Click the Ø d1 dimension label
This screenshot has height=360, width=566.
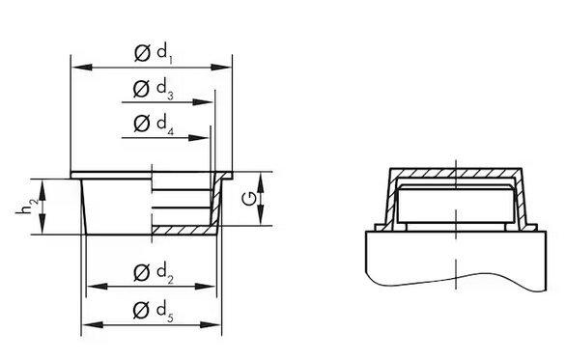[x=153, y=54]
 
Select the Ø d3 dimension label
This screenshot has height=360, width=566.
[x=153, y=89]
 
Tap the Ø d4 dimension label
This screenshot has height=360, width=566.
[x=153, y=124]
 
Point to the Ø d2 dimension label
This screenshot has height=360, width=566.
[x=153, y=273]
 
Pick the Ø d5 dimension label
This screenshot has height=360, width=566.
[x=153, y=311]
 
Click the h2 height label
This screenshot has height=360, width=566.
[x=27, y=208]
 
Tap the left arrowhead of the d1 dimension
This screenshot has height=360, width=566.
[x=82, y=68]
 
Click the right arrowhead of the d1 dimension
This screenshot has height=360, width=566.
[x=220, y=68]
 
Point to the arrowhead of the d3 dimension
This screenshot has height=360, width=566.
[x=203, y=102]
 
